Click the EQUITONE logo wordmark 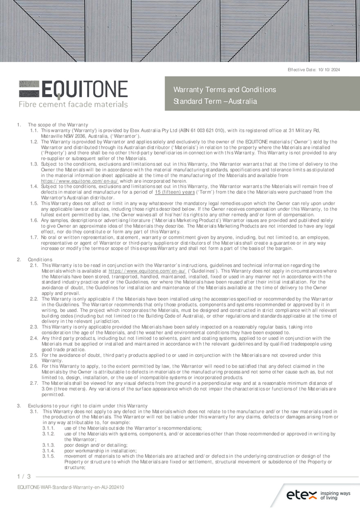(x=73, y=91)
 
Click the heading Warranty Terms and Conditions (x=225, y=90)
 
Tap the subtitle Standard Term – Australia (x=215, y=101)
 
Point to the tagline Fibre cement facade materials (x=73, y=105)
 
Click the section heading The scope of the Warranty (x=58, y=125)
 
